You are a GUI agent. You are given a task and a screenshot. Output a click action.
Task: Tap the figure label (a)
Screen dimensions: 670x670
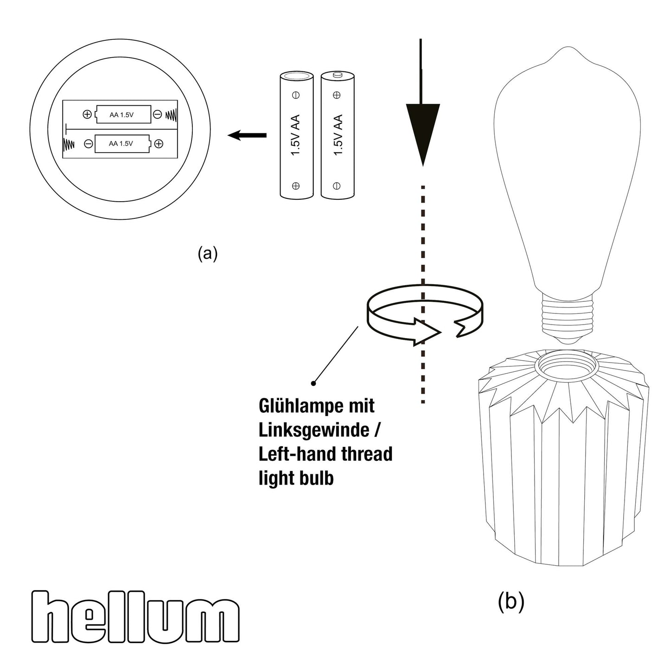[x=207, y=254]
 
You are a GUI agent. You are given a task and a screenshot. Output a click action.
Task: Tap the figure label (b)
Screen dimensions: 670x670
[x=510, y=601]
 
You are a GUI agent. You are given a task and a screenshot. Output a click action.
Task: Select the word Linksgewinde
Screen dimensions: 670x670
[x=313, y=430]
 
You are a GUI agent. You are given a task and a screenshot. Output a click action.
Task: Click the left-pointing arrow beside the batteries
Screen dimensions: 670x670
[x=247, y=135]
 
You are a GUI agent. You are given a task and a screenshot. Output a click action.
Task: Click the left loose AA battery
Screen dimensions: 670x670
[x=296, y=135]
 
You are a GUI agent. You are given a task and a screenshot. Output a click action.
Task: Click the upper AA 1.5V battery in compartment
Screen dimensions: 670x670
[x=123, y=114]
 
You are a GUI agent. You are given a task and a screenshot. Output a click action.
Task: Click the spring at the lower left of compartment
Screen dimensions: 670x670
[x=69, y=144]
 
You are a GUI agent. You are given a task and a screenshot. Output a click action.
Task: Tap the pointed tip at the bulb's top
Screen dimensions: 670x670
[x=567, y=48]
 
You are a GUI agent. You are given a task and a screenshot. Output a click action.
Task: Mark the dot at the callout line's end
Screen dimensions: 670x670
[x=313, y=383]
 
